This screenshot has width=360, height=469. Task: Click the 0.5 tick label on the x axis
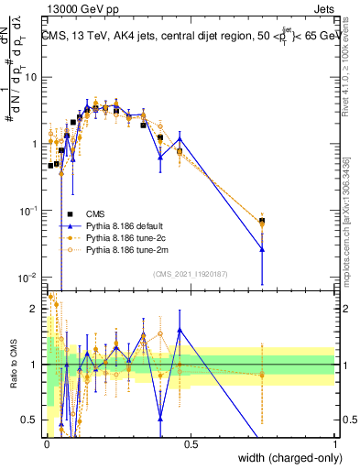[x=191, y=444]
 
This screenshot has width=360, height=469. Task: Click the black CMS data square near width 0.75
[x=263, y=221]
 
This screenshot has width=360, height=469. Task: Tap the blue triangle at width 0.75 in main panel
[x=263, y=249]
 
